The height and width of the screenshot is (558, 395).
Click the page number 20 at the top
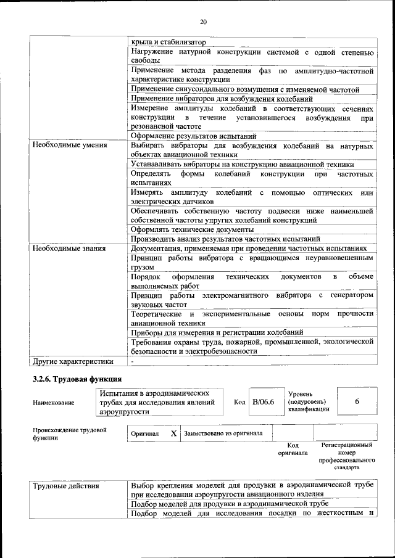click(203, 22)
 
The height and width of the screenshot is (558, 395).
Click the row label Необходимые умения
click(65, 146)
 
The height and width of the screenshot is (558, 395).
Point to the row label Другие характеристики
click(69, 361)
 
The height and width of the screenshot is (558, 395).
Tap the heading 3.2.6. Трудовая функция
click(77, 378)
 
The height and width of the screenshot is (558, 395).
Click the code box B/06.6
click(263, 402)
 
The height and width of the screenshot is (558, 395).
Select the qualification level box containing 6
click(357, 402)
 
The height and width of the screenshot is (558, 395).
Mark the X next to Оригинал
click(173, 433)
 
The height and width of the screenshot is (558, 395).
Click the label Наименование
click(54, 403)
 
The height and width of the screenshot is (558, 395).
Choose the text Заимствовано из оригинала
click(223, 433)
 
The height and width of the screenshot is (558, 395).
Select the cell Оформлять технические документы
click(192, 229)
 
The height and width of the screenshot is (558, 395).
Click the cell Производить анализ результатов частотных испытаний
click(225, 239)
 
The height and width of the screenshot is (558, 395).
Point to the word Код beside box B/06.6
click(240, 402)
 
